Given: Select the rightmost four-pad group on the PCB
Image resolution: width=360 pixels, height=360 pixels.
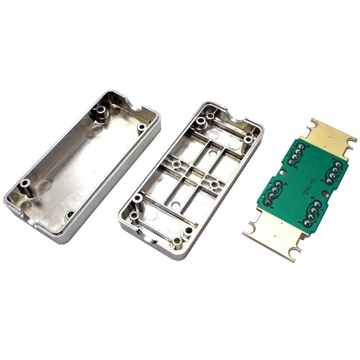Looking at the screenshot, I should coord(335,172).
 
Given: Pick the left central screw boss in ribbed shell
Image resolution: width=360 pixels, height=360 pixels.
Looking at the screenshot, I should coord(176,164).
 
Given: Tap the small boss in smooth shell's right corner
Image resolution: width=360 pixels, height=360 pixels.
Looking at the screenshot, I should coord(142,127).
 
